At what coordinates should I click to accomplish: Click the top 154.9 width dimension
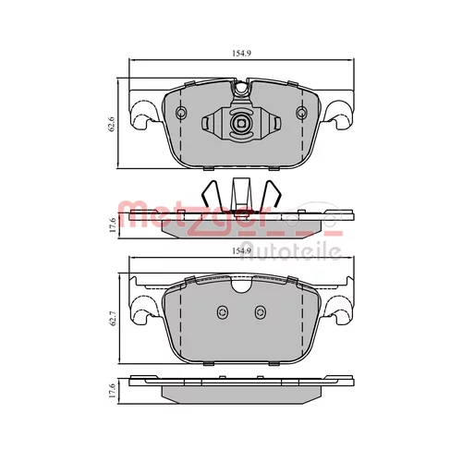(241, 53)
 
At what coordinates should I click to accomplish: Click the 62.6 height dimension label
(112, 124)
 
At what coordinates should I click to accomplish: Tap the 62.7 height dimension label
(112, 319)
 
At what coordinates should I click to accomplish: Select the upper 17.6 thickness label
(113, 225)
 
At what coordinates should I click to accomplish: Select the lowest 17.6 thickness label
(113, 390)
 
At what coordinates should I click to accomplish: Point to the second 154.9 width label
(241, 251)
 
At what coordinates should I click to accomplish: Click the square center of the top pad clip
(240, 124)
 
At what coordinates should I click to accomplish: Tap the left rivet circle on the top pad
(180, 113)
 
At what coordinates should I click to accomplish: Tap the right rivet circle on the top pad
(301, 113)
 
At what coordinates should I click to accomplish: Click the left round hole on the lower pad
(222, 313)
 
